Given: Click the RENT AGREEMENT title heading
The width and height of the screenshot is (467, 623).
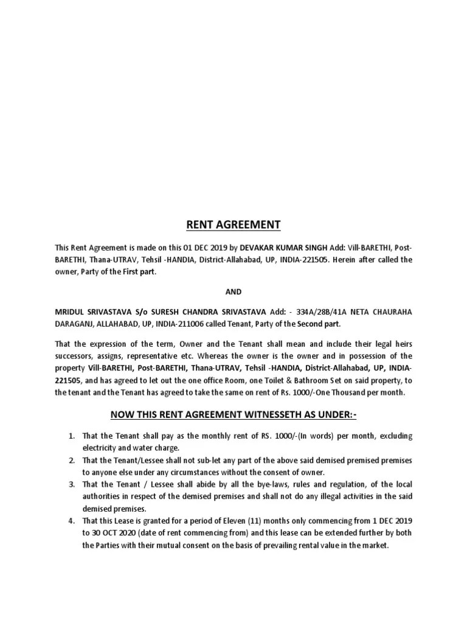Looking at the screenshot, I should pyautogui.click(x=233, y=225).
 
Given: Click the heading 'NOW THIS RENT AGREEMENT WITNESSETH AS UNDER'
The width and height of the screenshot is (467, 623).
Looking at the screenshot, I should pyautogui.click(x=233, y=415).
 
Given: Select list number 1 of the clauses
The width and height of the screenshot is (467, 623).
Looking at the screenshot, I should pyautogui.click(x=71, y=436).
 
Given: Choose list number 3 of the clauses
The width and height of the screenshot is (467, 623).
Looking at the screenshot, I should pyautogui.click(x=71, y=484).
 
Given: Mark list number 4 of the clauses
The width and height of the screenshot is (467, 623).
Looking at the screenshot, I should pyautogui.click(x=71, y=521).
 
